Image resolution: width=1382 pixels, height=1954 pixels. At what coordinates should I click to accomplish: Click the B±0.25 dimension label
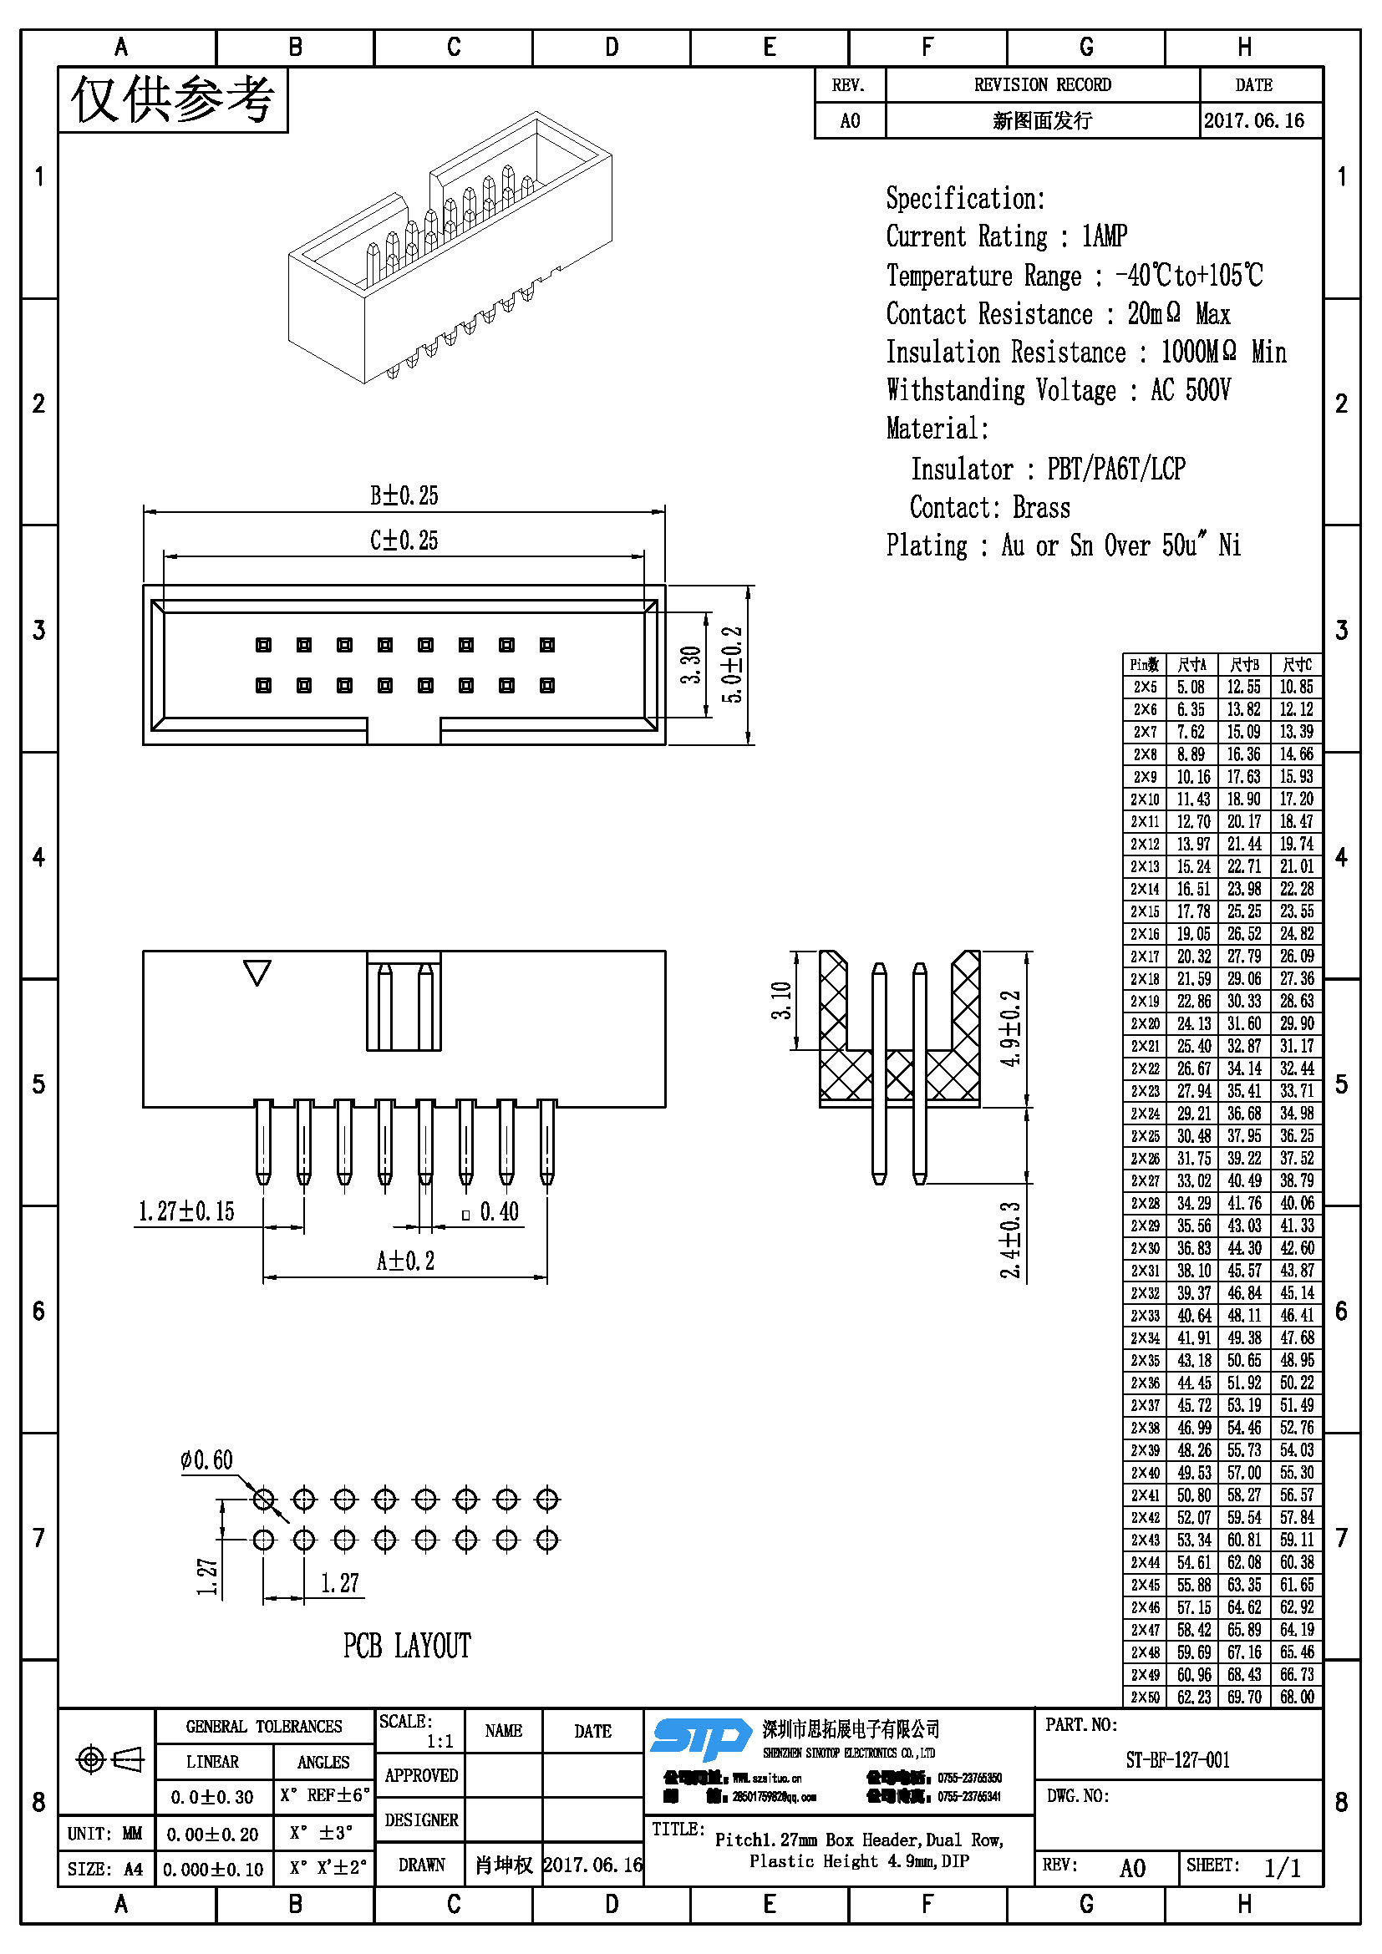click(404, 495)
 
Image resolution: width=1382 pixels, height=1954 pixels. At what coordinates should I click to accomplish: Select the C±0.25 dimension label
click(404, 541)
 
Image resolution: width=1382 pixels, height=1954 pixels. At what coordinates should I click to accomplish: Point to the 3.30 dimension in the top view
click(690, 665)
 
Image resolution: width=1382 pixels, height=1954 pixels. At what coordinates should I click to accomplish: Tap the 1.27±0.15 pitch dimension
click(186, 1211)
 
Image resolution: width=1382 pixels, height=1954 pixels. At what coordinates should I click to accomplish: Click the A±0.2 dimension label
click(405, 1261)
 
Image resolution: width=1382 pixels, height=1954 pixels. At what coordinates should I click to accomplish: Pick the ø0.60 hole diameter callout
click(206, 1460)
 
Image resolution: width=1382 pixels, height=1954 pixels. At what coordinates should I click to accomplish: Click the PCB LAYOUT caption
click(407, 1646)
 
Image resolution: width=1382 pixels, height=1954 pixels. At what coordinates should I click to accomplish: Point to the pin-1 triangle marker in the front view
click(257, 972)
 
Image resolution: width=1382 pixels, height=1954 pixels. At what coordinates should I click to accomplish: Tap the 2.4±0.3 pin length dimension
click(1010, 1239)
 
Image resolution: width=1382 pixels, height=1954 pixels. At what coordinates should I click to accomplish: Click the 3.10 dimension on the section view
click(781, 1000)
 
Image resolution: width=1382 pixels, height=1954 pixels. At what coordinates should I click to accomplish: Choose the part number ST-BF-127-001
click(1178, 1760)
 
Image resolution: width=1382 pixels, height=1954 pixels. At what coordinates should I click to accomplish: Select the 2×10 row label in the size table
click(1145, 799)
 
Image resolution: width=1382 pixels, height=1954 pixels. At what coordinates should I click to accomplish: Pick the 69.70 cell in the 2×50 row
click(1244, 1697)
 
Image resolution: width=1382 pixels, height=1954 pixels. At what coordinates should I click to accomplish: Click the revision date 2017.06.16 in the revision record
click(1253, 121)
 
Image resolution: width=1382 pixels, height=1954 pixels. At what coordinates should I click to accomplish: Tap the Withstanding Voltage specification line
click(1058, 391)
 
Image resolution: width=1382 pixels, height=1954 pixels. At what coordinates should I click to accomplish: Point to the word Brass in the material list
click(1042, 508)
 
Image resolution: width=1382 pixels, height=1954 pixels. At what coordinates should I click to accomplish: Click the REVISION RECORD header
click(1043, 85)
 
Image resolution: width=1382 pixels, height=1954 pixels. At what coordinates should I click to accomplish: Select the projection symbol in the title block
click(109, 1759)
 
